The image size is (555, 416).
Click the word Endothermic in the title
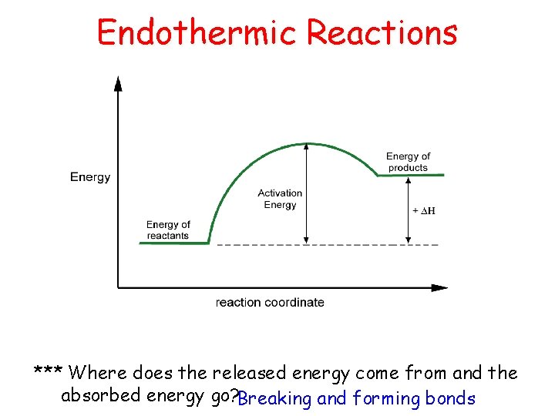(198, 33)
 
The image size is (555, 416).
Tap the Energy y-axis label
(90, 177)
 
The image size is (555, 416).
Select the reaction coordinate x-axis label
(270, 303)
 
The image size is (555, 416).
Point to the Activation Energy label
(280, 199)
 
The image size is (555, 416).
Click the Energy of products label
(408, 162)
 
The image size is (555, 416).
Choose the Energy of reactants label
(168, 230)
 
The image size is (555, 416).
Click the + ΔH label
(424, 211)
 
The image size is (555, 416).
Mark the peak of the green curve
(307, 144)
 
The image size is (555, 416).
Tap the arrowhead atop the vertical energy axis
(118, 82)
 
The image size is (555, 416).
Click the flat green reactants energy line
(173, 243)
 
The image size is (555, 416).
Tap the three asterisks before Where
(49, 373)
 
